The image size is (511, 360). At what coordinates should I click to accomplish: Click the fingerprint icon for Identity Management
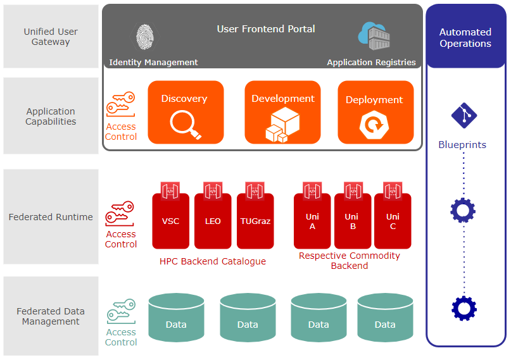(x=145, y=37)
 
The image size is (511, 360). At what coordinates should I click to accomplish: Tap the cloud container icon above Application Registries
(x=374, y=36)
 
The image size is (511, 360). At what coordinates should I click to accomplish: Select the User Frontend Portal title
(x=266, y=29)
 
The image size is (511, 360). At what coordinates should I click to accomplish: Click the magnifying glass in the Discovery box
(x=186, y=125)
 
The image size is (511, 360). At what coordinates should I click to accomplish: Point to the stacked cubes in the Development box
(x=282, y=125)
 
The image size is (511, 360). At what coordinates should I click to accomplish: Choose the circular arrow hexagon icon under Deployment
(x=374, y=125)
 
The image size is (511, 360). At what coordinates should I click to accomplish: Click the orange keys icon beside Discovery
(x=120, y=104)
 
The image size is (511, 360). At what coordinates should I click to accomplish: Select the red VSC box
(x=170, y=221)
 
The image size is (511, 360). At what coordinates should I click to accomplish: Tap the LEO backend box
(x=213, y=221)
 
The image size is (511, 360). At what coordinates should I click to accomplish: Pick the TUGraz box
(x=255, y=221)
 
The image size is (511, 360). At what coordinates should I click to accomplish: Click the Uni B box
(x=353, y=221)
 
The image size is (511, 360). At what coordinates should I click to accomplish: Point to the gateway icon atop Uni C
(x=393, y=191)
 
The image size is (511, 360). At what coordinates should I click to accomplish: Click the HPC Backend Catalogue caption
(x=213, y=261)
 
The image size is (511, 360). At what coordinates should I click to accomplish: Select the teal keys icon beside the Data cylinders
(x=121, y=311)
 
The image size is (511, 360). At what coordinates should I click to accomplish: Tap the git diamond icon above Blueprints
(x=464, y=116)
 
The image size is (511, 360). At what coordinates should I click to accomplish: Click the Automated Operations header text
(x=465, y=38)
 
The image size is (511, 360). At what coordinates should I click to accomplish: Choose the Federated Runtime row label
(x=51, y=217)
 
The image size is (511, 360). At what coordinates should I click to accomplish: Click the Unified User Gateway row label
(x=51, y=37)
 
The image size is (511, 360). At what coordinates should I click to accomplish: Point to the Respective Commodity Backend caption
(x=350, y=261)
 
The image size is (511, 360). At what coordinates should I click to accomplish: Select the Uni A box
(x=312, y=221)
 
